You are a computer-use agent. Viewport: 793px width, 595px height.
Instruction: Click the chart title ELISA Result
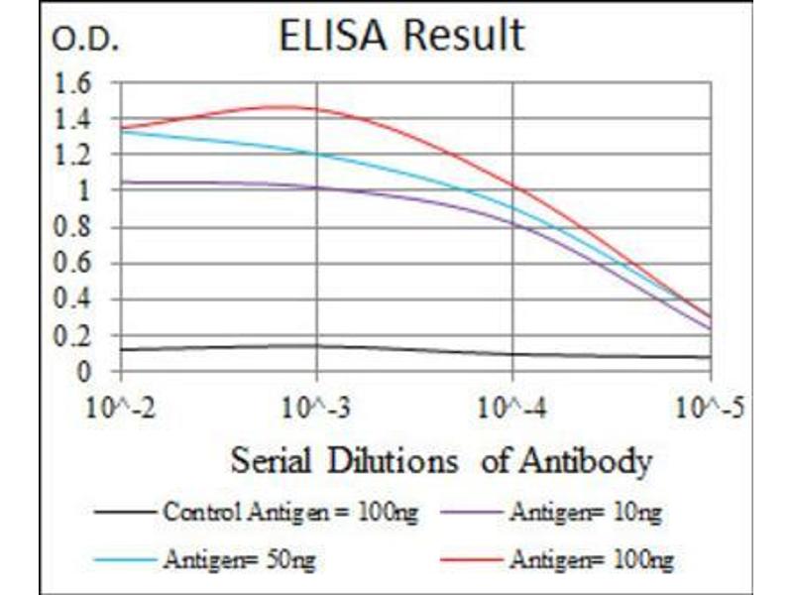tap(400, 36)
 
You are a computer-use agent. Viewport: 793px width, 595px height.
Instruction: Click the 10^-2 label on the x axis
tap(121, 407)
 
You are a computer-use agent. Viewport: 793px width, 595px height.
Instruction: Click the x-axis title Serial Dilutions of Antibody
tap(442, 461)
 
